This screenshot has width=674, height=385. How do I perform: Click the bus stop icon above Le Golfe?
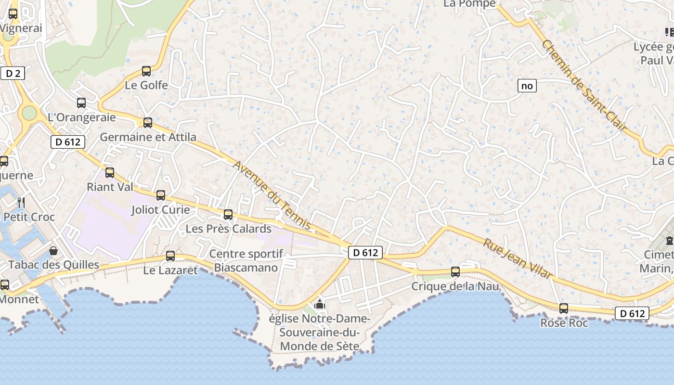coord(146,71)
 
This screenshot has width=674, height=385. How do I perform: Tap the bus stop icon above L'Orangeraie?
coord(81,103)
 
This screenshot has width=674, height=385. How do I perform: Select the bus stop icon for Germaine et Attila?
coord(148,123)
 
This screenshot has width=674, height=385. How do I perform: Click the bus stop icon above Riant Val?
coord(110,172)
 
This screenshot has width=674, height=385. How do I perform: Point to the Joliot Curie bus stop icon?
coord(161,195)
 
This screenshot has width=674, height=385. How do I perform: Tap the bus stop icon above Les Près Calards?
coord(228,214)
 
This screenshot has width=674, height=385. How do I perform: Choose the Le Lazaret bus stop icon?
coord(170,256)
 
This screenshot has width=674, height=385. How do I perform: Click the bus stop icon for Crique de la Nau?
coord(455,272)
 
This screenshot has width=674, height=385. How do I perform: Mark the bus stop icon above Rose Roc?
coord(564,308)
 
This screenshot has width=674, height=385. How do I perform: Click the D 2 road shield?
coord(13,73)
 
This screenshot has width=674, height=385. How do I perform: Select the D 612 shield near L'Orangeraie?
coord(68,141)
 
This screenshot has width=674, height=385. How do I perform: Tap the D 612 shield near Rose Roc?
coord(632,313)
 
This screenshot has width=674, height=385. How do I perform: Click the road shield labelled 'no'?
coord(527,86)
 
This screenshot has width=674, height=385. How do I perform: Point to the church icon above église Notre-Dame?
coord(319,304)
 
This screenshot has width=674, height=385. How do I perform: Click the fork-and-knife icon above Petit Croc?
coord(21,202)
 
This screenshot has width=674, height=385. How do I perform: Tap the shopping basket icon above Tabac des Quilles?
coord(53,251)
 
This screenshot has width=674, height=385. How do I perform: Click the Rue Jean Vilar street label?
coord(518,258)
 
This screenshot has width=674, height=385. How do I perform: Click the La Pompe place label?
coord(469,4)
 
